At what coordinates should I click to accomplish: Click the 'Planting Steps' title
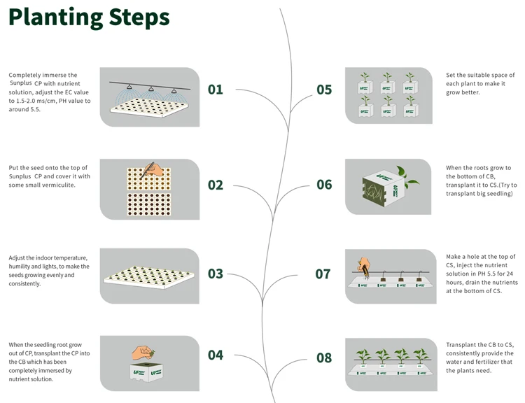coord(89,17)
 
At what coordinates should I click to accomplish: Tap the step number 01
coord(215,90)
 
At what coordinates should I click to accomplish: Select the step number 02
coord(215,185)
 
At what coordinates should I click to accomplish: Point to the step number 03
coord(215,274)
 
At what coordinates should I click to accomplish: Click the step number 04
coord(215,355)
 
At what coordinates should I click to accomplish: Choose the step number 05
coord(324,90)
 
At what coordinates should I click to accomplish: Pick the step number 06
coord(324,185)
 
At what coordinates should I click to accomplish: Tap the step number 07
coord(323,274)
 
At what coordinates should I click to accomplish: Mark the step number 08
coord(324,358)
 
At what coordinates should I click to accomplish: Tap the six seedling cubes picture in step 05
coord(387,96)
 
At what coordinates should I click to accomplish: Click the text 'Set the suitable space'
coord(480,75)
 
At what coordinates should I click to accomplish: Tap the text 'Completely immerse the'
coord(43,75)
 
